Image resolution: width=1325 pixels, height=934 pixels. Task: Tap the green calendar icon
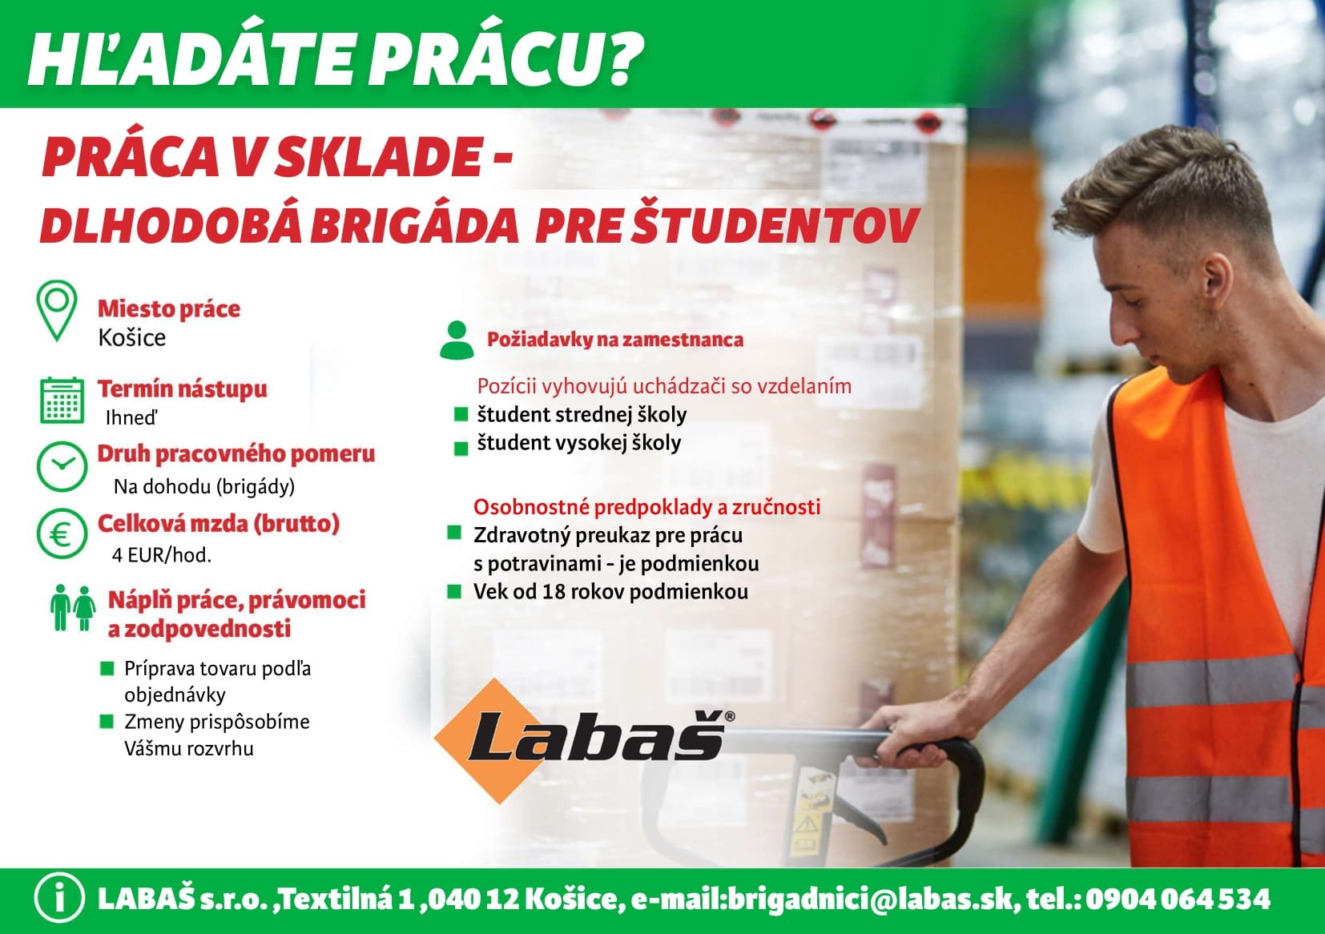(62, 401)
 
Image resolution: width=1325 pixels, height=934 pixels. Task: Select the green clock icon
(62, 466)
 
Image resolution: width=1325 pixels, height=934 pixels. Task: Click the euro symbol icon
(62, 534)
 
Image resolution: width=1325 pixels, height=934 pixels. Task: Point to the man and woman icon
(73, 608)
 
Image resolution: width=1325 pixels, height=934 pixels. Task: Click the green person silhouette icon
(457, 340)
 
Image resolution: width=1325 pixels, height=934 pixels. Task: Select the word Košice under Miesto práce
(132, 338)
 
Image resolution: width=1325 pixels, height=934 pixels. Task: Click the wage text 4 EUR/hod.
(162, 555)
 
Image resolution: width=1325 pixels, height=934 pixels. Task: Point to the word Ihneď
(131, 417)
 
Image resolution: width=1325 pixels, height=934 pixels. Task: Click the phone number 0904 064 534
(1178, 899)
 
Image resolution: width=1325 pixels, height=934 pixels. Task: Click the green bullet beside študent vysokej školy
(461, 449)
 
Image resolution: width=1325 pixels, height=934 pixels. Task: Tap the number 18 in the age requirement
(554, 591)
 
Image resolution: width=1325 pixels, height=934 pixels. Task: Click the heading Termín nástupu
(182, 388)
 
